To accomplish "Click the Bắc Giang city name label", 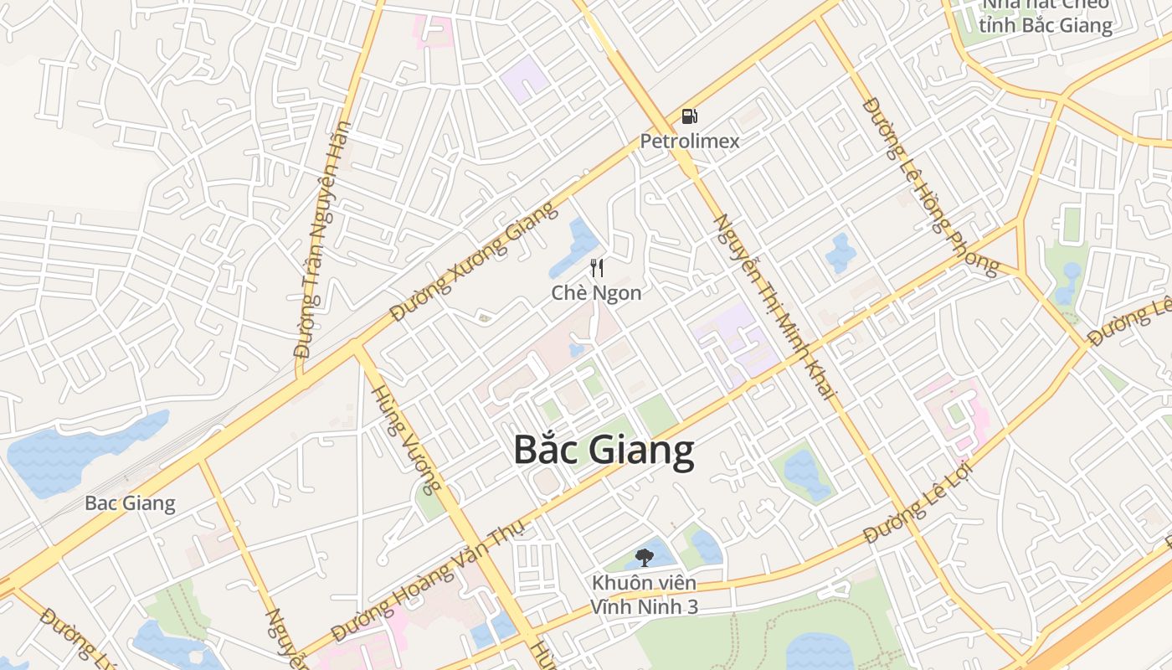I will (x=604, y=450).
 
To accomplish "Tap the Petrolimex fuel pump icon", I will (x=689, y=117).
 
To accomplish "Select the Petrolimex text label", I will (x=690, y=141).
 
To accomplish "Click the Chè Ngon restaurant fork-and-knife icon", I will (x=597, y=268).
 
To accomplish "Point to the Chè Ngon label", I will (x=597, y=293).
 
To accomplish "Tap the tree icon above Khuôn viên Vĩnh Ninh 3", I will (x=644, y=557).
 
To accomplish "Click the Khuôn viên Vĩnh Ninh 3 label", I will (x=644, y=594).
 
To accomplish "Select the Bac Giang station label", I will (x=130, y=503).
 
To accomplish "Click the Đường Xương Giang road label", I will (x=475, y=261).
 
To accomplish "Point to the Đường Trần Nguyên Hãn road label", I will (x=321, y=240).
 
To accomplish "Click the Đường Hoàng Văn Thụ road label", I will (x=428, y=580).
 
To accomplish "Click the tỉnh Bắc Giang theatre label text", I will (x=1047, y=25).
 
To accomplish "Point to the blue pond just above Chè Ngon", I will (x=576, y=247).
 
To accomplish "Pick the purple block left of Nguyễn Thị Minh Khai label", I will (x=732, y=339).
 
